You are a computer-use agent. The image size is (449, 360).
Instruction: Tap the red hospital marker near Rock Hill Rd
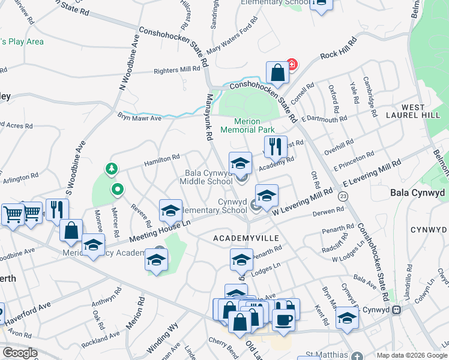(x=292, y=64)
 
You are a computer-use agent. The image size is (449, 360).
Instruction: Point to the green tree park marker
(x=110, y=169)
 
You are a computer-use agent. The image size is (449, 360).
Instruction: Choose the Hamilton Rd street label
(x=161, y=158)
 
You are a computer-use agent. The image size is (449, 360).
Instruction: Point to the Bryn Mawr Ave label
(x=139, y=118)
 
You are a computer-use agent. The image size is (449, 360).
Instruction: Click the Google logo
(x=20, y=352)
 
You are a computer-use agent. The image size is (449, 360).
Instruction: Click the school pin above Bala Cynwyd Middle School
(x=240, y=163)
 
